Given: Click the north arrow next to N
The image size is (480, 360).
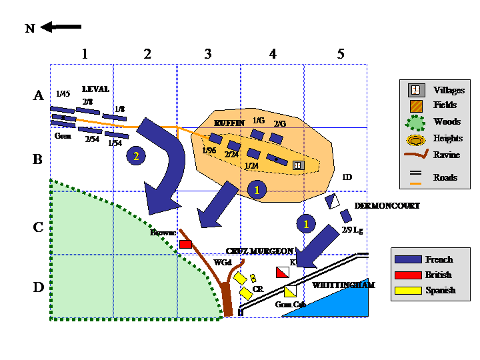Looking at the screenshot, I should [61, 27].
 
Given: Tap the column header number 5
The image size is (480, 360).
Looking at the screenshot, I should [341, 55].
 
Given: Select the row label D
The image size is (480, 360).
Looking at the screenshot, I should [39, 287].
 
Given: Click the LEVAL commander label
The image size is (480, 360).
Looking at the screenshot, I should [95, 89].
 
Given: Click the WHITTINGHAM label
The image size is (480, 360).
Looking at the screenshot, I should [343, 285].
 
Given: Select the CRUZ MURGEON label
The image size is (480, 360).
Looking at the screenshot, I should [259, 251].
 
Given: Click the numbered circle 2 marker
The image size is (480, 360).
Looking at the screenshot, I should [136, 156].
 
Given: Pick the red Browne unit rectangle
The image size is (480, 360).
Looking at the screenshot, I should [186, 244].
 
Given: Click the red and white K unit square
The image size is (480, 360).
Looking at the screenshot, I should [283, 272].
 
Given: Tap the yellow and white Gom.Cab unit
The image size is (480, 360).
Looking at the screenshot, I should [290, 291].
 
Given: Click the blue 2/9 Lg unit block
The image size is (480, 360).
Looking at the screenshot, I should [346, 216].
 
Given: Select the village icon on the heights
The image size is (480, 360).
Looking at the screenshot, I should [297, 165].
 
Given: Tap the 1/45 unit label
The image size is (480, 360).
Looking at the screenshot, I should [63, 94].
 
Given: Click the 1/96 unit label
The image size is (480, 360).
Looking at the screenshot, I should [209, 151].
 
